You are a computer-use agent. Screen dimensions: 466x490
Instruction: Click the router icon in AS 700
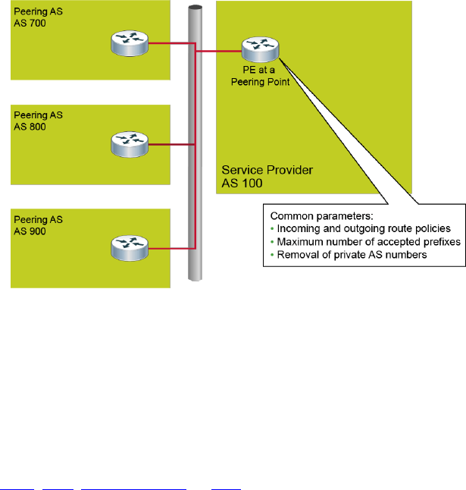(128, 45)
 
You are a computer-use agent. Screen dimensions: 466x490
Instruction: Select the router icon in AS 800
(128, 142)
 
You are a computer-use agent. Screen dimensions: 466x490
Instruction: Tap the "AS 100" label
(239, 183)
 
